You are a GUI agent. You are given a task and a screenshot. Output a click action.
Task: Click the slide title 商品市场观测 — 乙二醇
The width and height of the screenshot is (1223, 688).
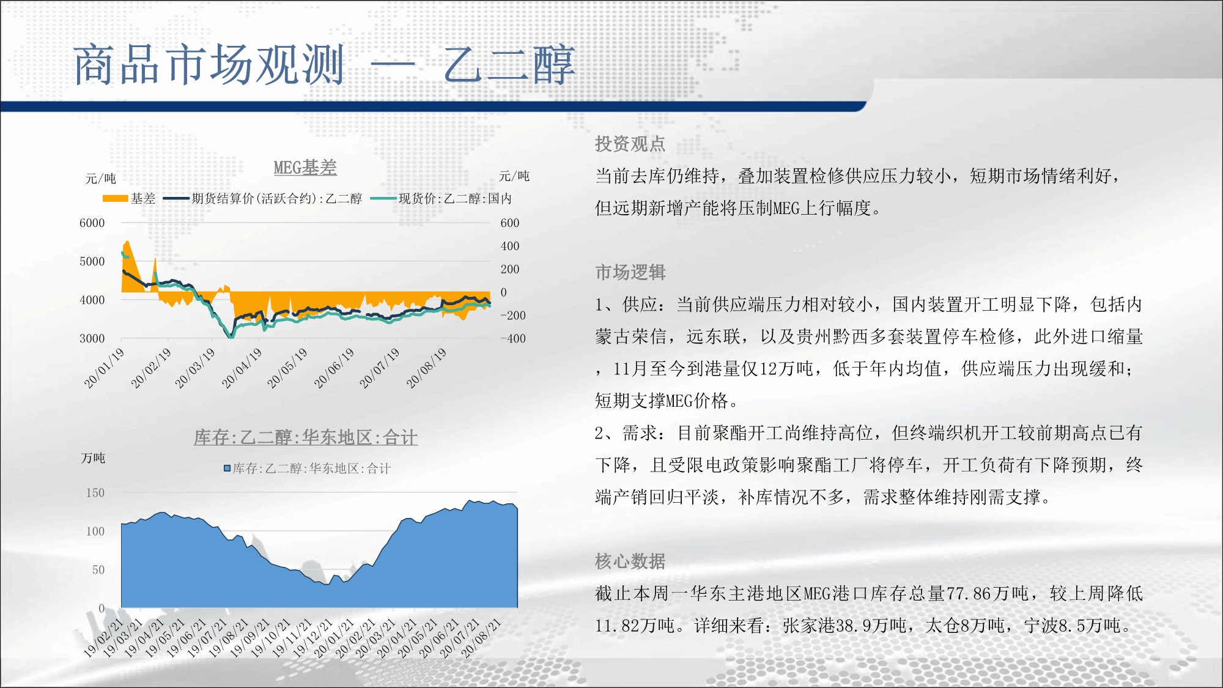[325, 64]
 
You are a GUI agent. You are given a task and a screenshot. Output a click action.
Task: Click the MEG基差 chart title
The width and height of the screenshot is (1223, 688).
[305, 168]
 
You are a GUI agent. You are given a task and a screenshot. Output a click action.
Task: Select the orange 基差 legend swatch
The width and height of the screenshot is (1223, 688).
[115, 198]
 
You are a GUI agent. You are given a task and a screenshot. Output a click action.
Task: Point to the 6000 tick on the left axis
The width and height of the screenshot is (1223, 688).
[92, 223]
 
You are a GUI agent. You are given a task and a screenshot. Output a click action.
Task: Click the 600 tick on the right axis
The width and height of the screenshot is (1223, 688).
[510, 223]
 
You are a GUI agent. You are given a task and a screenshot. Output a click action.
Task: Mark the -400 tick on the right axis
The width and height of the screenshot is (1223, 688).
[513, 338]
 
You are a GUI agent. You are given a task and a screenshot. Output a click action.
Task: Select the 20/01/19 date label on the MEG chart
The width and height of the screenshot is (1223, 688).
[105, 368]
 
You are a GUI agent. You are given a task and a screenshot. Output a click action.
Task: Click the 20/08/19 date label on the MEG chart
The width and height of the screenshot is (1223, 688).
[427, 368]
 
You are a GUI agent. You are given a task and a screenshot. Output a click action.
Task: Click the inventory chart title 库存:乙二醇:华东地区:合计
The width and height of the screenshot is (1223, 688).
[306, 437]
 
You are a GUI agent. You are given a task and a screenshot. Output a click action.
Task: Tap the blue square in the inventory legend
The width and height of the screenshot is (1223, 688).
[227, 468]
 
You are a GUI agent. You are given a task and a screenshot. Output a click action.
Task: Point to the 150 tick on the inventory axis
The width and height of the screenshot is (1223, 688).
[95, 493]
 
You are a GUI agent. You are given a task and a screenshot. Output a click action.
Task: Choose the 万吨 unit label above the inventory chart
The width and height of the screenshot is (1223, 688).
[93, 458]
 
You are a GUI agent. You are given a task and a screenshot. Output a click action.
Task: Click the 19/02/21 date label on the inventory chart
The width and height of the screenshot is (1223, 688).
[103, 638]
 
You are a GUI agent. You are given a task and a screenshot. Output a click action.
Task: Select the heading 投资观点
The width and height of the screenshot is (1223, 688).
[630, 144]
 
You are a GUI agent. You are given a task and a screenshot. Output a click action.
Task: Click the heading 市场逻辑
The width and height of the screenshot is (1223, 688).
[630, 272]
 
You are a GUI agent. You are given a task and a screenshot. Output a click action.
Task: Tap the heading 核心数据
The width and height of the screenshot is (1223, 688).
[630, 561]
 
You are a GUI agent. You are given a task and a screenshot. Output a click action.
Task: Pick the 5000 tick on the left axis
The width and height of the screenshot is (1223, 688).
[92, 262]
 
